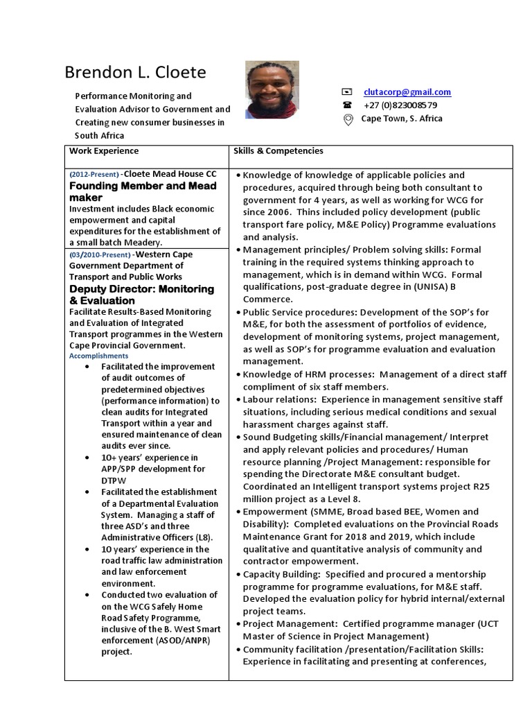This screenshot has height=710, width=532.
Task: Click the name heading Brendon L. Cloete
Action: click(135, 73)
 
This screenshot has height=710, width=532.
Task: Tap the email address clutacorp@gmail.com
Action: click(407, 92)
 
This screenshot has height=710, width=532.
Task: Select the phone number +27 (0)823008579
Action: click(400, 105)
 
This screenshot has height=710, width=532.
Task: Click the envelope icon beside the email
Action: click(347, 92)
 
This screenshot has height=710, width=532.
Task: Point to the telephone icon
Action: click(347, 105)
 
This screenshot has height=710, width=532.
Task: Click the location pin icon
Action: click(348, 119)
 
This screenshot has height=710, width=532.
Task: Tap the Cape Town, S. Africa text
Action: click(402, 119)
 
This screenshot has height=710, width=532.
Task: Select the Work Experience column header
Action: click(104, 151)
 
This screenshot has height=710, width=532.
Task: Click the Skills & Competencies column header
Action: click(278, 151)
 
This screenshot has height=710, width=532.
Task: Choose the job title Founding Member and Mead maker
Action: click(143, 191)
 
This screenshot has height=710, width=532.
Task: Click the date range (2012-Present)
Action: click(94, 174)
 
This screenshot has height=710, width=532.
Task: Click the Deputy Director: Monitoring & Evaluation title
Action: click(141, 295)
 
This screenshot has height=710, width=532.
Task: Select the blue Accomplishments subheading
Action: click(98, 356)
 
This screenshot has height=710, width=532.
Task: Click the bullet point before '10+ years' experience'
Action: click(86, 458)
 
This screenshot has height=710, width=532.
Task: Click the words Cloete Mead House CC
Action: click(170, 173)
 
